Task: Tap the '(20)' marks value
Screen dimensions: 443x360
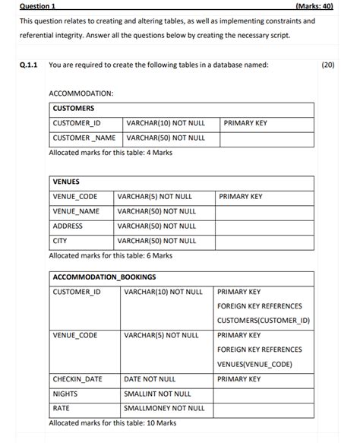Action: pyautogui.click(x=328, y=65)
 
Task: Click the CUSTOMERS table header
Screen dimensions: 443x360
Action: pyautogui.click(x=74, y=109)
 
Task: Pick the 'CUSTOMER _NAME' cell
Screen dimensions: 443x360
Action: pyautogui.click(x=84, y=138)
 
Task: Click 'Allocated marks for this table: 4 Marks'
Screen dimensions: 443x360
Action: pyautogui.click(x=110, y=153)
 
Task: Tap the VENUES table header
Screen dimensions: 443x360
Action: pyautogui.click(x=66, y=182)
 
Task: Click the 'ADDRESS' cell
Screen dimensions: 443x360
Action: pyautogui.click(x=68, y=226)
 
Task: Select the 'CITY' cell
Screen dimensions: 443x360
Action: pyautogui.click(x=60, y=241)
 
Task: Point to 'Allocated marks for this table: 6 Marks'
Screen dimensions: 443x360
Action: pyautogui.click(x=110, y=255)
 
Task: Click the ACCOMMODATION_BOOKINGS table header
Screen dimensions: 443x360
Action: pyautogui.click(x=104, y=277)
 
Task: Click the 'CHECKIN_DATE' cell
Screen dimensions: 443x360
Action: pyautogui.click(x=77, y=379)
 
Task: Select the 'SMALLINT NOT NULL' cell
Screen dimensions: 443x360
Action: pyautogui.click(x=157, y=394)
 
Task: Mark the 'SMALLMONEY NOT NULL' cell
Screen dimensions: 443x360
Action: pyautogui.click(x=164, y=408)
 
